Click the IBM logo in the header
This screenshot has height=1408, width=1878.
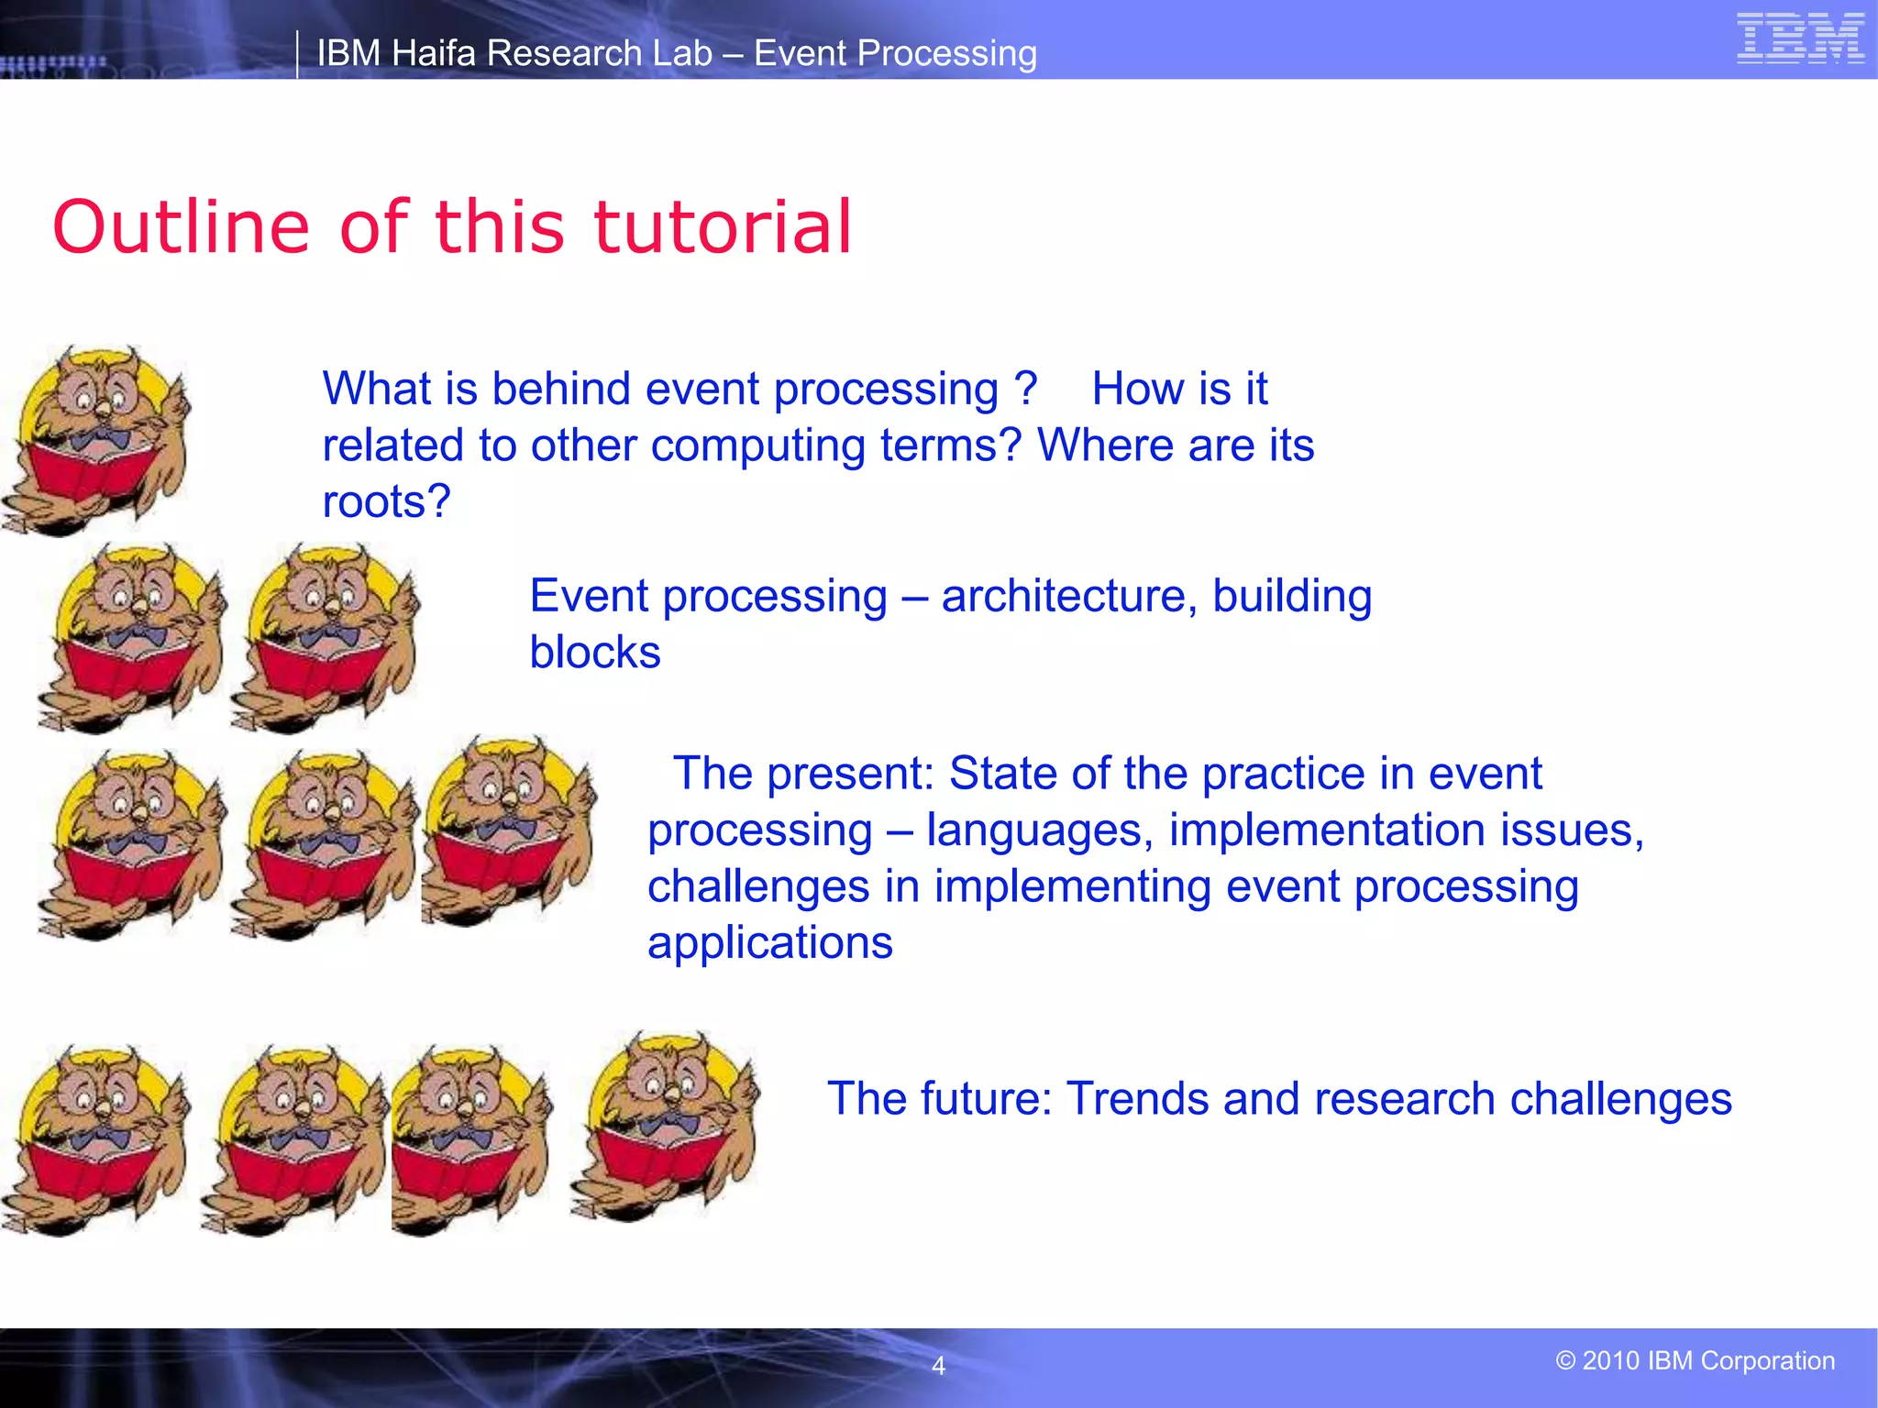(1800, 39)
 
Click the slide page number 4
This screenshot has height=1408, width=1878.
(938, 1366)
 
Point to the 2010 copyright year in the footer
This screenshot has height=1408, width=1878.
(1610, 1360)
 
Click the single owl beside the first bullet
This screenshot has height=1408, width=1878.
(96, 440)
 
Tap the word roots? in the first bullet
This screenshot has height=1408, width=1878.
(386, 501)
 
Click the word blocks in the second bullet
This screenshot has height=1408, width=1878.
(594, 653)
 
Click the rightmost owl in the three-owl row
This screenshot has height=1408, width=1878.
(509, 830)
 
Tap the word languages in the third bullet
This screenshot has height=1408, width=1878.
(1040, 830)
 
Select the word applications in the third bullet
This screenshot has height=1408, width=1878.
(769, 942)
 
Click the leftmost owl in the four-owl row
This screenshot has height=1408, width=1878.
(96, 1141)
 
